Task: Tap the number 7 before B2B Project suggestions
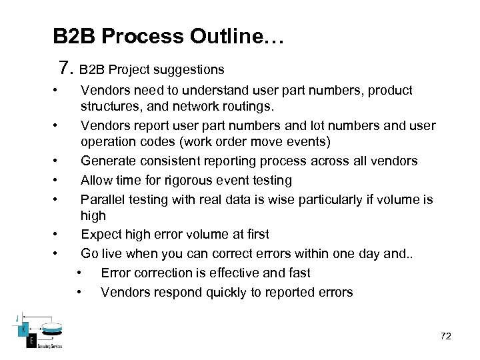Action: click(x=65, y=68)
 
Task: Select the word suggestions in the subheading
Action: click(x=193, y=69)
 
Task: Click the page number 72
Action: click(x=446, y=337)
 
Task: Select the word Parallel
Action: click(x=101, y=199)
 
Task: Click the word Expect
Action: click(x=99, y=234)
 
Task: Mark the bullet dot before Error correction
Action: click(x=80, y=273)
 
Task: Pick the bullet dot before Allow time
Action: click(x=60, y=180)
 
